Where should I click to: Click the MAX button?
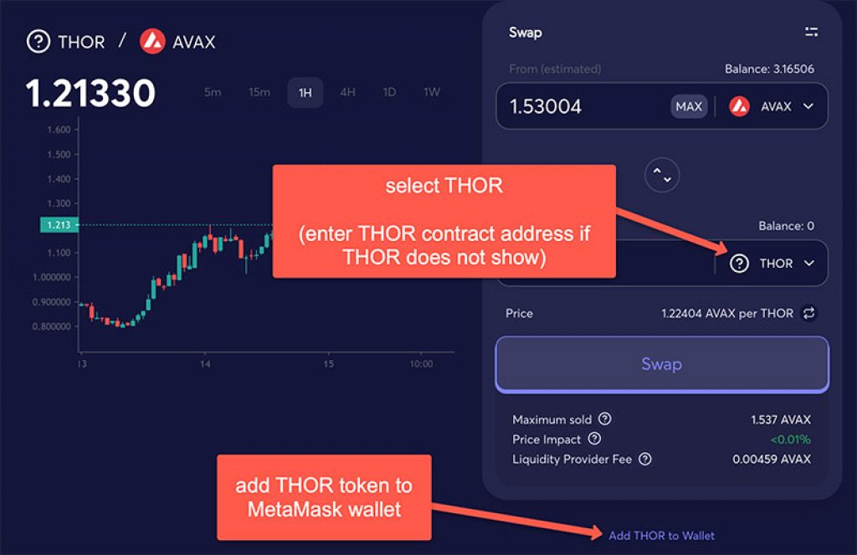[689, 106]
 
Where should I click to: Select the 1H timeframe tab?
[305, 92]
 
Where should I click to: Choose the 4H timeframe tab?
[347, 92]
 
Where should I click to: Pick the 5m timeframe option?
[213, 92]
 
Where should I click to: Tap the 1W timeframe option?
[432, 92]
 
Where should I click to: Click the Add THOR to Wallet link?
[661, 536]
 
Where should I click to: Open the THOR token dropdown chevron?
[809, 264]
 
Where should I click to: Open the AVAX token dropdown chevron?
[808, 106]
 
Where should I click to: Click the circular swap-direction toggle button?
[662, 175]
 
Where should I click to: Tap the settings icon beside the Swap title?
[812, 33]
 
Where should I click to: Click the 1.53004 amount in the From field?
[546, 106]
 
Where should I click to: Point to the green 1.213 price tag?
[59, 224]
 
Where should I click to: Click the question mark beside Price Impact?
[595, 439]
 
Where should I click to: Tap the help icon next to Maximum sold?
[605, 419]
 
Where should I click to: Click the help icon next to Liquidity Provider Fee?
[645, 459]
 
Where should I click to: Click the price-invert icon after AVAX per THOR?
[809, 313]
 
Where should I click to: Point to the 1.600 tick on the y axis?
[59, 130]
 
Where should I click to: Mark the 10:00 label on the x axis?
[422, 363]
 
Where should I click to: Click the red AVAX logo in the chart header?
[152, 42]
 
